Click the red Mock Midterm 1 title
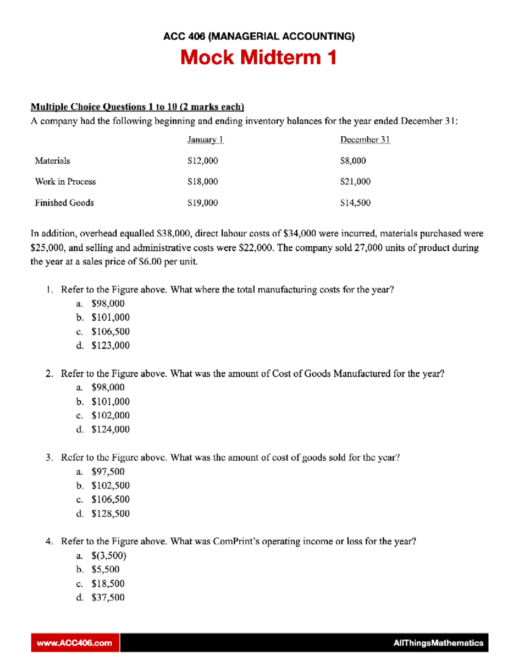258,58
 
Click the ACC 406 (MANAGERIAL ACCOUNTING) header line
259,36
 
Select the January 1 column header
205,140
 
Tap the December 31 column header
365,140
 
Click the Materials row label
52,161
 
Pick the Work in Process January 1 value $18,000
202,182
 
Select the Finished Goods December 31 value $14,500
355,203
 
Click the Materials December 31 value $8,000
353,161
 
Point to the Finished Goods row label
64,203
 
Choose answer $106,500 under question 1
110,331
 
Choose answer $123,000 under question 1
110,345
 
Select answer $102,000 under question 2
110,415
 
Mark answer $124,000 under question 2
110,429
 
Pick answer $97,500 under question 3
108,472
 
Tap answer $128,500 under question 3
110,514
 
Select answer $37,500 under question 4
108,598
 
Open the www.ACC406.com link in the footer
74,643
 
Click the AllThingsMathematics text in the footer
438,643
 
